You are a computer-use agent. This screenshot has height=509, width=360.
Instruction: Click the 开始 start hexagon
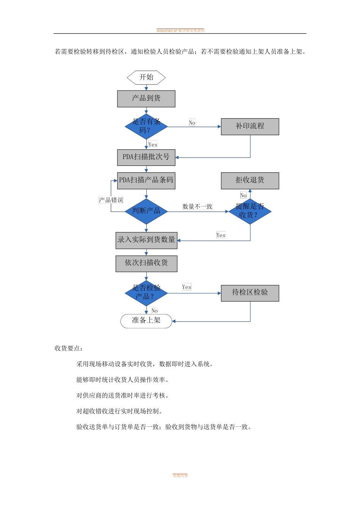pos(146,78)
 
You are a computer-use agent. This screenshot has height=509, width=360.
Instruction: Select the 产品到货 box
pos(146,98)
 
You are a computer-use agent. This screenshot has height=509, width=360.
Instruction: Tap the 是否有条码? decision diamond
pos(146,126)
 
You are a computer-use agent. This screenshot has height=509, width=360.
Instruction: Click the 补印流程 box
pos(250,126)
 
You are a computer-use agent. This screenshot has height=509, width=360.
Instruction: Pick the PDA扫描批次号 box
pos(146,157)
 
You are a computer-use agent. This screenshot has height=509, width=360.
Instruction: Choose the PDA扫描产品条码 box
pos(146,180)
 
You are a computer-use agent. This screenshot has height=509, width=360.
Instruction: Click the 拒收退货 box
pos(250,180)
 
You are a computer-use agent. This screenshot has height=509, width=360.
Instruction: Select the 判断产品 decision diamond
pos(146,211)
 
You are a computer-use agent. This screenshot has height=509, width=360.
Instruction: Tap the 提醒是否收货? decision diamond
pos(250,211)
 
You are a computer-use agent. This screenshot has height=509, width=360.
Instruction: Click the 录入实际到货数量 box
pos(146,240)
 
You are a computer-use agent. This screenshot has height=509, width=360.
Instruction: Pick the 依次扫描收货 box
pos(146,263)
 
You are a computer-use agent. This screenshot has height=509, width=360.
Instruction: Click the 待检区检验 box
pos(250,293)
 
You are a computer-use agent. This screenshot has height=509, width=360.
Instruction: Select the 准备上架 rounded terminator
pos(146,321)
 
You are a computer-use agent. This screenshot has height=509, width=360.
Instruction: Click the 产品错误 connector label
pos(111,200)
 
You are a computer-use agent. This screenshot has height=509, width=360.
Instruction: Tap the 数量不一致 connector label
pos(197,206)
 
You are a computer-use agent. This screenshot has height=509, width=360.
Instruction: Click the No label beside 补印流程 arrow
pos(192,123)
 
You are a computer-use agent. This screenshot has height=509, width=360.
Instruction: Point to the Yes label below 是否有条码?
pos(153,145)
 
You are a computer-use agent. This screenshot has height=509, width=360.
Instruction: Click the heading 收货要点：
pos(69,348)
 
